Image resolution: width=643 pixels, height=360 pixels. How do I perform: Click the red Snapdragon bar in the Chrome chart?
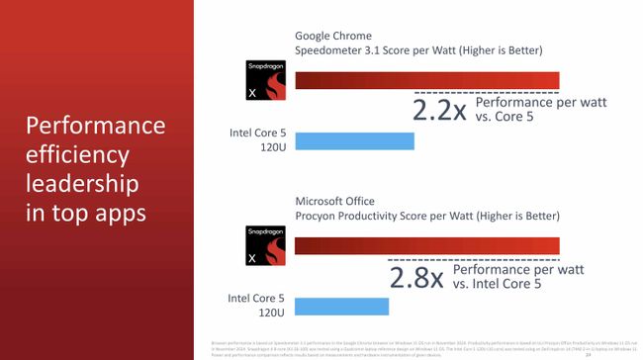pos(427,80)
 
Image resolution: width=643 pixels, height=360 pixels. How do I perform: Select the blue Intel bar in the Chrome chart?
pos(354,140)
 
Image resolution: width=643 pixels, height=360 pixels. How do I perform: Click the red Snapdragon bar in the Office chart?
pos(427,245)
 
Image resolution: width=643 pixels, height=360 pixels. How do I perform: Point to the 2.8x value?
pos(416,276)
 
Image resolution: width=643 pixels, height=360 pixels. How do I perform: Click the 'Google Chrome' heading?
pos(336,33)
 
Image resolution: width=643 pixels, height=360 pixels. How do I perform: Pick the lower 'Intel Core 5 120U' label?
pos(256,304)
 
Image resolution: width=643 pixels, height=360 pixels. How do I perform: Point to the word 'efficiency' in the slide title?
pos(78,155)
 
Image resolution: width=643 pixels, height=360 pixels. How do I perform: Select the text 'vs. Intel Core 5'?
pos(513,284)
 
